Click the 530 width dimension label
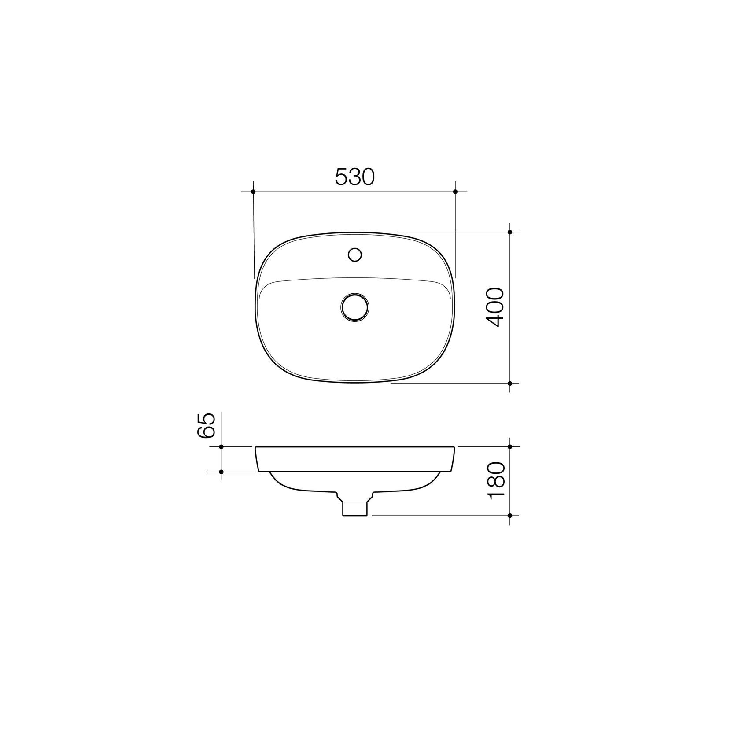(x=354, y=177)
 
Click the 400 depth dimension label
(x=495, y=307)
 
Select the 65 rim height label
(x=206, y=425)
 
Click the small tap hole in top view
(x=354, y=255)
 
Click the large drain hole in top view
(x=355, y=306)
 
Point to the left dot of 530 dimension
(x=253, y=192)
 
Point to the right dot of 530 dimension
(x=455, y=192)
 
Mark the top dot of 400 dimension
(x=510, y=232)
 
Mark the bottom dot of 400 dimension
(x=510, y=384)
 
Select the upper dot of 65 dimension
(x=221, y=446)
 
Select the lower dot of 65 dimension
(x=221, y=472)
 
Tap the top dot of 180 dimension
(x=510, y=446)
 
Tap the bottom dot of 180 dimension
(x=510, y=515)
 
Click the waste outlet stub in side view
(x=355, y=508)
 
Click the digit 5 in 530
(x=341, y=177)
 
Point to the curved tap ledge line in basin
(x=355, y=278)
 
